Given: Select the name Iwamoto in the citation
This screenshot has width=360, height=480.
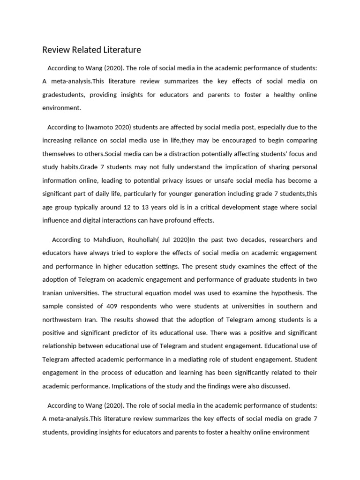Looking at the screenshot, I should pos(100,127).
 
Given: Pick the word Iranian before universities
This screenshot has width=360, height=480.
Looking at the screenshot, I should pos(55,293).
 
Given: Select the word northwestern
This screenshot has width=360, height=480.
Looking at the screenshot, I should pos(66,319).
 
